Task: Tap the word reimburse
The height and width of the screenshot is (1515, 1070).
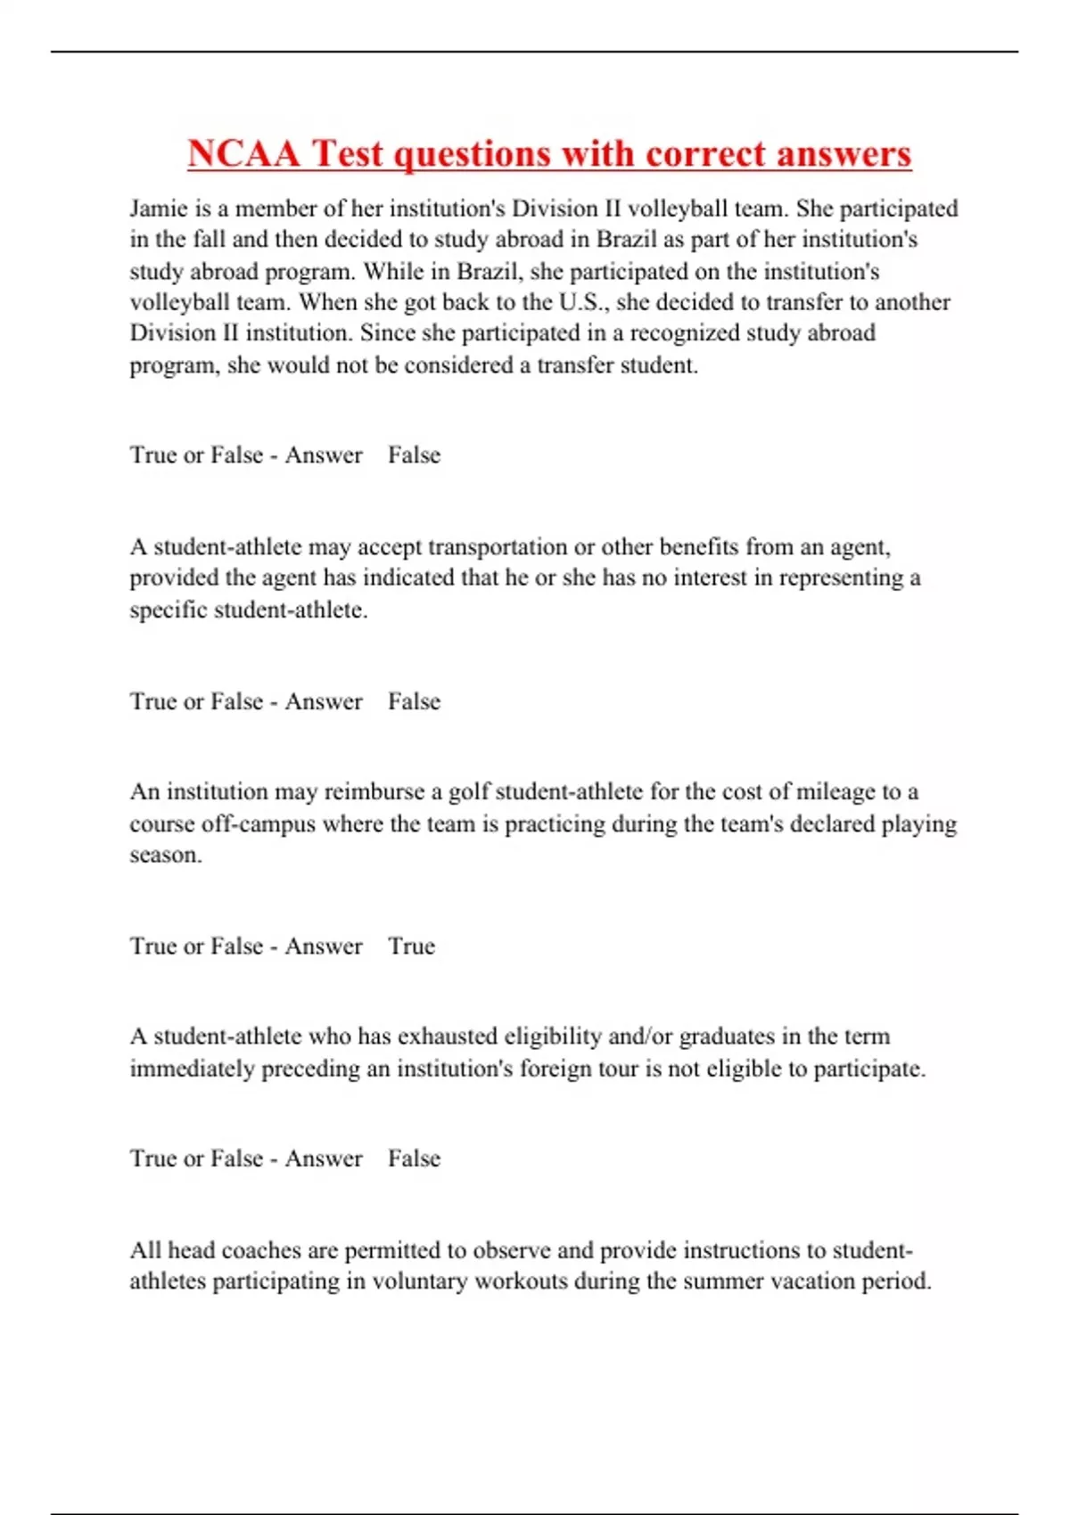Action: click(374, 792)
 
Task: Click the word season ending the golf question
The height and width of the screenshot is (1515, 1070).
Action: click(165, 856)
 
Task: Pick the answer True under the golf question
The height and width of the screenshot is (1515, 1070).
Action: click(411, 946)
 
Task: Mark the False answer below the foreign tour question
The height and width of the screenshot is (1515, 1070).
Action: click(414, 1159)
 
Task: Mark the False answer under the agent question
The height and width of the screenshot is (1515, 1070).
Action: click(414, 701)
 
